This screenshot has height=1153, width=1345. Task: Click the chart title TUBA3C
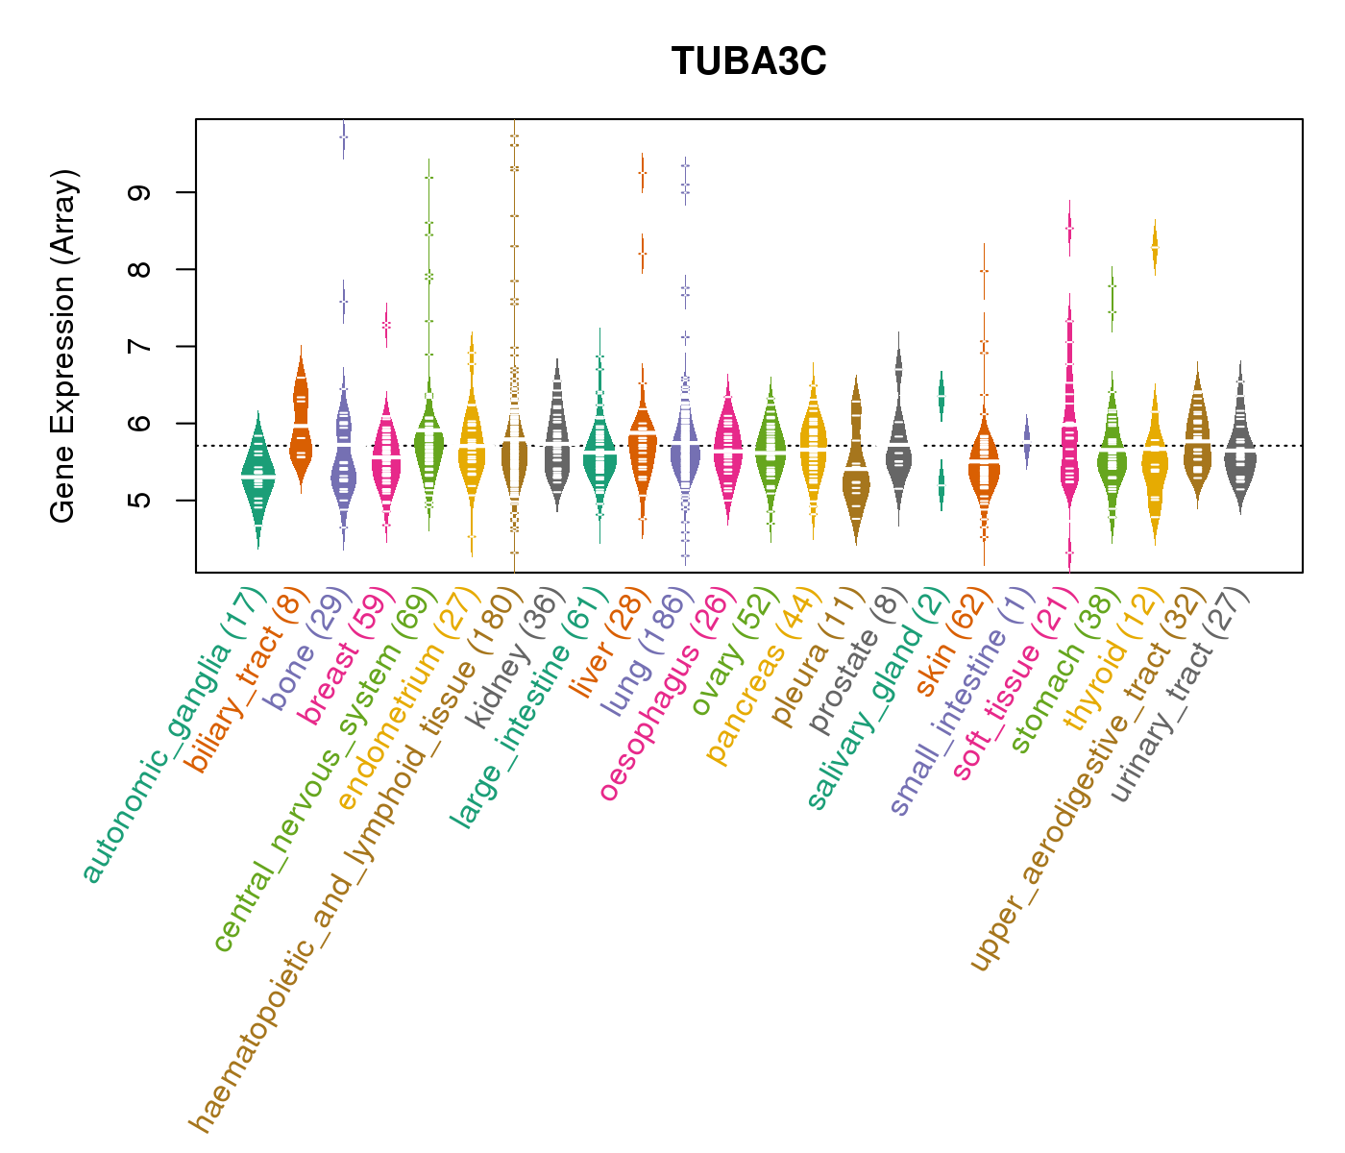click(x=748, y=61)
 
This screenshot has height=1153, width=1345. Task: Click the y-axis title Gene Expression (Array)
click(x=63, y=346)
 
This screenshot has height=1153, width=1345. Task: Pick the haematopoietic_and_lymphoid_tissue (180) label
click(x=351, y=855)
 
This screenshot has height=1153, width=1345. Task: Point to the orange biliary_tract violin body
click(x=301, y=423)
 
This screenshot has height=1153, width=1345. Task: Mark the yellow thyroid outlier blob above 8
click(x=1155, y=248)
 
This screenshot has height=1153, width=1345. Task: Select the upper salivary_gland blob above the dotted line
click(x=941, y=394)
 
